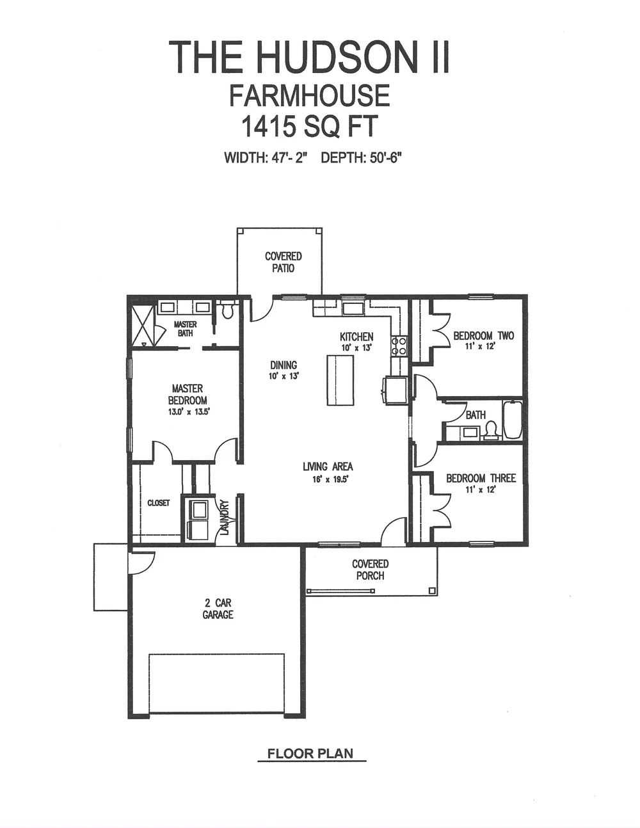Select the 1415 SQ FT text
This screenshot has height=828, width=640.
[x=309, y=127]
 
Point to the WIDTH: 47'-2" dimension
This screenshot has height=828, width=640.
[x=266, y=158]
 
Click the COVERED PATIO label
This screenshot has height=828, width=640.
[x=283, y=262]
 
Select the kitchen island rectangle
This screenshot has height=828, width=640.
[x=340, y=380]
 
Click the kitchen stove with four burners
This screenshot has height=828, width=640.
[x=399, y=346]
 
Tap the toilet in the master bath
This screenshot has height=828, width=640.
[x=227, y=310]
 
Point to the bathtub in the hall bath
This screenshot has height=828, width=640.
[x=513, y=420]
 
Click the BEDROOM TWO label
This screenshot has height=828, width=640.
[x=483, y=336]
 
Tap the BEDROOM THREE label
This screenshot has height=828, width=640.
[x=481, y=478]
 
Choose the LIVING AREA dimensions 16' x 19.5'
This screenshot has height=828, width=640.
[x=328, y=479]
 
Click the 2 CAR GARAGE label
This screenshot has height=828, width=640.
[x=218, y=609]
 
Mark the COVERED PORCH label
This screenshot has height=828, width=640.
[x=370, y=569]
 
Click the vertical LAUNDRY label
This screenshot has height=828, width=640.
[x=225, y=517]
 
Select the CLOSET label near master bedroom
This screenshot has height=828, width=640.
[x=158, y=503]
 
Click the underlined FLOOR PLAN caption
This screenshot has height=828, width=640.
[x=310, y=753]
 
